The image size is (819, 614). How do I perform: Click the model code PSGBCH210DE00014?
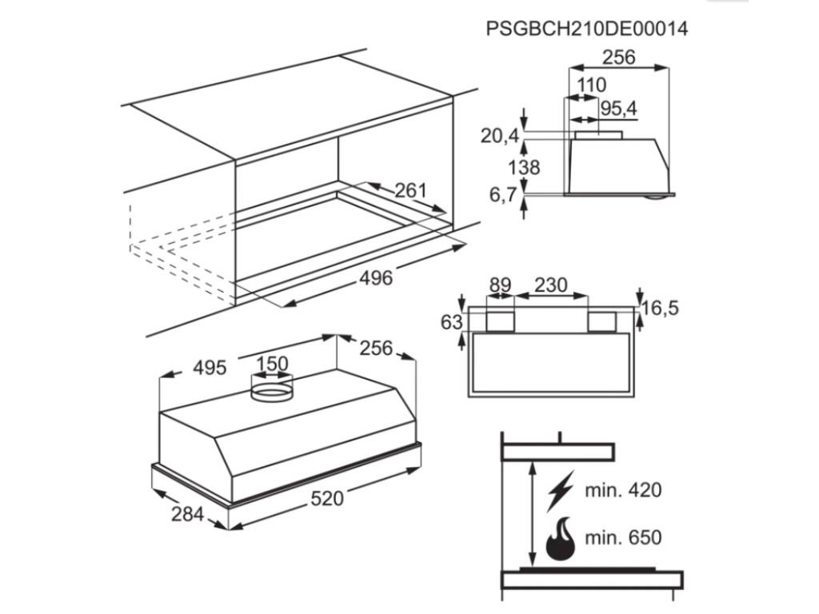(586, 28)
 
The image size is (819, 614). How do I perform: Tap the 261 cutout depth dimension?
(410, 190)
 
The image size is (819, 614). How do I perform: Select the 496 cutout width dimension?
(376, 277)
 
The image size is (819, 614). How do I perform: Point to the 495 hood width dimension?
(210, 368)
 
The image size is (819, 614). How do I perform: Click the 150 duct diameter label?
(272, 364)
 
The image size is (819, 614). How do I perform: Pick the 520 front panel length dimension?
(327, 499)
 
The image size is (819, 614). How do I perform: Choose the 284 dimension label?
(187, 514)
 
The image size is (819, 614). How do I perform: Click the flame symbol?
(561, 539)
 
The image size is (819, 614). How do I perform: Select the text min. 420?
(623, 490)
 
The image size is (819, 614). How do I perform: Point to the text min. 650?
(623, 537)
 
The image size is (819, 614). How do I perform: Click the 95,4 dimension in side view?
(619, 109)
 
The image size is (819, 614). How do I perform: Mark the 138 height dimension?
(524, 167)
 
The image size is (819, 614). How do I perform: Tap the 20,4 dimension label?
(500, 136)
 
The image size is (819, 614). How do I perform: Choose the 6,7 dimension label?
(503, 195)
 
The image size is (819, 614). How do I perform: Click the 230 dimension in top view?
(550, 285)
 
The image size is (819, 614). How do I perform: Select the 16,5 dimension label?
(660, 308)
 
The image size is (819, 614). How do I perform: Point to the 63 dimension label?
(452, 322)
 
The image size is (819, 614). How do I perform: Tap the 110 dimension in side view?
(592, 85)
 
